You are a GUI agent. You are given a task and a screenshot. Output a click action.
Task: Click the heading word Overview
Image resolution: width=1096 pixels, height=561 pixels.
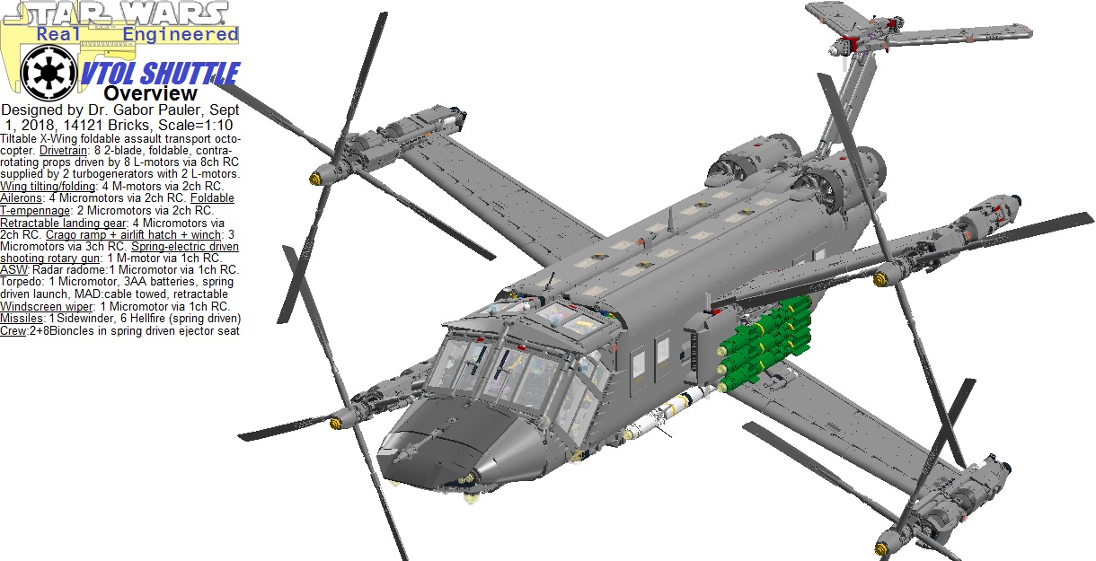tap(150, 93)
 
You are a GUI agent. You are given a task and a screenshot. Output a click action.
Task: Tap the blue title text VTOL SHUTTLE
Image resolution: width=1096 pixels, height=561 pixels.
tap(159, 74)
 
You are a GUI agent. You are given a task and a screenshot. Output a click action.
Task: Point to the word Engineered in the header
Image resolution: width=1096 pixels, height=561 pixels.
tap(180, 34)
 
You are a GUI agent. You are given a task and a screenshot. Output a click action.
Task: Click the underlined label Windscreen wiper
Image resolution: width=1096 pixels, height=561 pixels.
tap(47, 306)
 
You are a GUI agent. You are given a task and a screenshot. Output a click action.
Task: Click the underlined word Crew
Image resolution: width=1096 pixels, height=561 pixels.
tap(13, 330)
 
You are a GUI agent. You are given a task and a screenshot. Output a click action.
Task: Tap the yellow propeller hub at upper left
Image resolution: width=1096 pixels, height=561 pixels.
tap(316, 175)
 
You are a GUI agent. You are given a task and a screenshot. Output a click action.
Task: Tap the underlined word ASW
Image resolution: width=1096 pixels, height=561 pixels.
tap(13, 269)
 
